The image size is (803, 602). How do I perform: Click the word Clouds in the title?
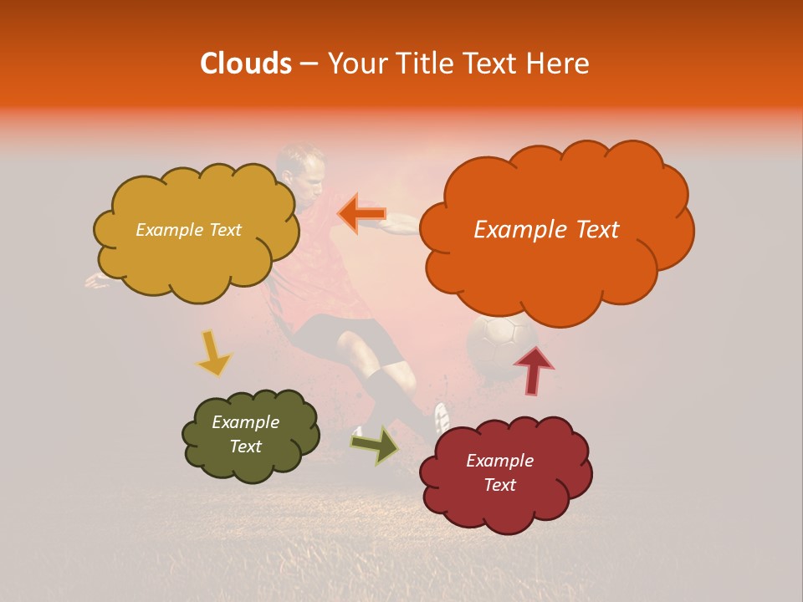(245, 64)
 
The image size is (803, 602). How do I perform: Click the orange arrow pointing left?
(361, 214)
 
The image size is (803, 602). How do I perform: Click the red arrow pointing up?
(533, 369)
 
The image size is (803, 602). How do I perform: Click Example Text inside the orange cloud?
(546, 230)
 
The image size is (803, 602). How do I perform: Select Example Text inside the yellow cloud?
(188, 230)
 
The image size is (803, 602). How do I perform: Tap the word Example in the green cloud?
(245, 422)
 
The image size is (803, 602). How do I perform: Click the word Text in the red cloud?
(499, 485)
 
